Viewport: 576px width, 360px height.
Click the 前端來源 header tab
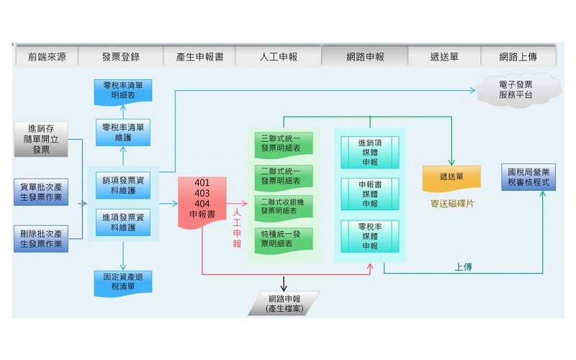tap(47, 57)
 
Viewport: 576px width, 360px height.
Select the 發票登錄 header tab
tap(120, 57)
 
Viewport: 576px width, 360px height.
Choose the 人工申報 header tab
tap(278, 57)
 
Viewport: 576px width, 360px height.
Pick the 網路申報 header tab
tap(364, 57)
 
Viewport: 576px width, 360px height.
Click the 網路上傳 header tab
tap(518, 57)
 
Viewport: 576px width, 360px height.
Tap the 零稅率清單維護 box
tap(122, 132)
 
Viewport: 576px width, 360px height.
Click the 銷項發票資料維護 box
tap(123, 185)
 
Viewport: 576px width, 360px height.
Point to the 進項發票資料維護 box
tap(123, 222)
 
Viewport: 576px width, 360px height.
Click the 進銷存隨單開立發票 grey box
tap(41, 140)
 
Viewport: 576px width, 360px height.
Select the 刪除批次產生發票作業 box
tap(41, 238)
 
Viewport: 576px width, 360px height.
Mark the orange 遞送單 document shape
tap(451, 177)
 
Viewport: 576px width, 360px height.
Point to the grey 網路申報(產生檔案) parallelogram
tap(284, 303)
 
